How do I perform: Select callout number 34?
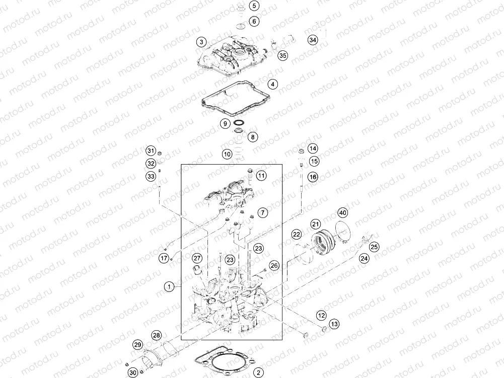pos(313,40)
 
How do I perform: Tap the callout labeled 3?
pos(201,42)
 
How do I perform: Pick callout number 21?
pos(315,224)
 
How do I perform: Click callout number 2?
pos(258,373)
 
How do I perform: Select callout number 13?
pos(335,324)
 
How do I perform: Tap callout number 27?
pos(197,258)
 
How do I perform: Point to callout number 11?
pos(261,176)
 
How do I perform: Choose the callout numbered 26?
pos(273,265)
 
